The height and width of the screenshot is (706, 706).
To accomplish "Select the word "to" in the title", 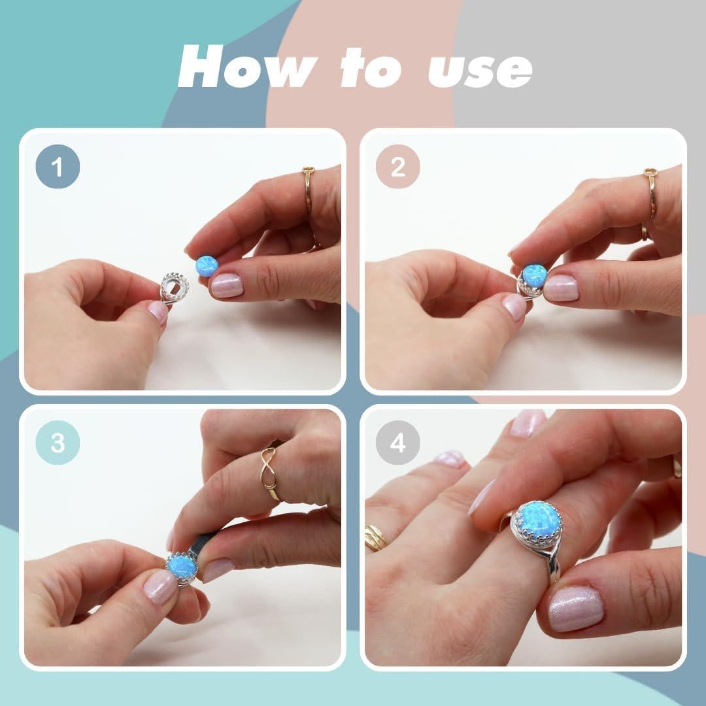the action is [370, 67].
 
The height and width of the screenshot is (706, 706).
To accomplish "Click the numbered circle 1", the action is [58, 167].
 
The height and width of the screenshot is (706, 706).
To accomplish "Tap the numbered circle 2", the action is [397, 167].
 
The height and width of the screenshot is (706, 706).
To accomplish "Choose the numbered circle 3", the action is [58, 443].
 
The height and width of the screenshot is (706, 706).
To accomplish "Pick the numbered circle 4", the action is [397, 443].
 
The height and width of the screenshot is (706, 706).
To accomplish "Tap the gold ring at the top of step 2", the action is [651, 193].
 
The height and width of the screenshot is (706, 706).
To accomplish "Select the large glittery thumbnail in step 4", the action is [576, 609].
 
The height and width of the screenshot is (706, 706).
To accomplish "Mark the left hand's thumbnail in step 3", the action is [158, 586].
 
